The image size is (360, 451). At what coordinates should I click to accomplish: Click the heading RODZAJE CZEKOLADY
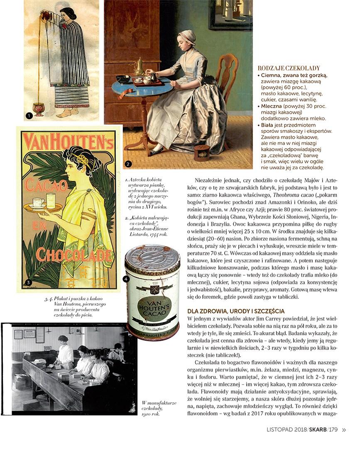point(289,68)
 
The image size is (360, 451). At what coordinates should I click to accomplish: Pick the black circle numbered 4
point(126,279)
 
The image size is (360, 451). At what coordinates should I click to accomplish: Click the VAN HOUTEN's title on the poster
point(69,141)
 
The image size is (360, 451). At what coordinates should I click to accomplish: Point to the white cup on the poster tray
point(39,202)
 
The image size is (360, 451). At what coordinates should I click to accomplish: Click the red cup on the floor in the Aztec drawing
point(39,109)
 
